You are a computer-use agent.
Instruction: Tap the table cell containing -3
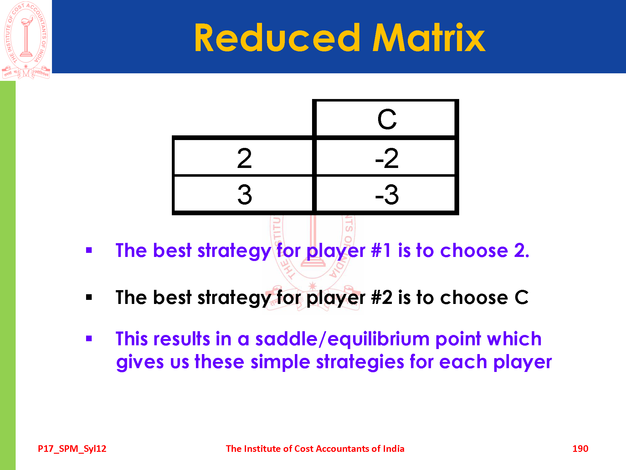click(386, 194)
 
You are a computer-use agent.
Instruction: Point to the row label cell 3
click(243, 194)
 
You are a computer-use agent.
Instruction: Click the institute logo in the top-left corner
click(26, 40)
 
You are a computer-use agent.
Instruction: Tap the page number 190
click(580, 449)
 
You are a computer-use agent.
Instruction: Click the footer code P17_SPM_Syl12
click(72, 449)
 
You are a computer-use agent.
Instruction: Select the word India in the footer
click(394, 449)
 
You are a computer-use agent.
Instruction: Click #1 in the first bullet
click(381, 251)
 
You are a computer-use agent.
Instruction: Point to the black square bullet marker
click(89, 297)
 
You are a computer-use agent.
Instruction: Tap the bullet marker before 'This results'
click(89, 338)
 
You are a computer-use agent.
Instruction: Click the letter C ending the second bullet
click(521, 297)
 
